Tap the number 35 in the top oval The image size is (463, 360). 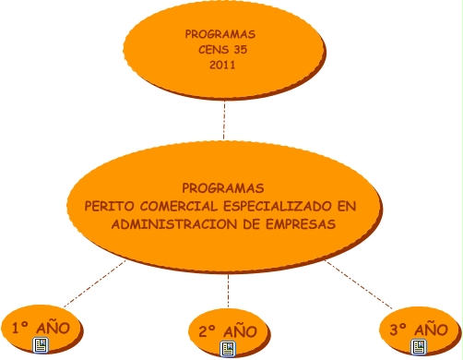pos(241,50)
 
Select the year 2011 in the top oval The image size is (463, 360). pos(222,65)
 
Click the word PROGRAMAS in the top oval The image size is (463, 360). pos(220,34)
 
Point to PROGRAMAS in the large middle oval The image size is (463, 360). pos(223,188)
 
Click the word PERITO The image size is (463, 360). pos(109,206)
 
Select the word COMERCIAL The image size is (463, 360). pos(179,206)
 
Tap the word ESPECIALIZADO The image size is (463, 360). pos(278,206)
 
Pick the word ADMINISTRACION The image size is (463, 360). pos(174,224)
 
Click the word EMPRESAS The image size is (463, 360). pos(301,224)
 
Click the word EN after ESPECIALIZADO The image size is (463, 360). pos(347,206)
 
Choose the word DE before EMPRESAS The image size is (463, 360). pos(252,224)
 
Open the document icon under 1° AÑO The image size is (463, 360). pos(41,345)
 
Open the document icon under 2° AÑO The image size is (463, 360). pos(228,349)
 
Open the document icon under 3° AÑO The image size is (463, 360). pos(419,347)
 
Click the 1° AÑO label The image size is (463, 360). pos(41,328)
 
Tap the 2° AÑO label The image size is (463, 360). pos(228,331)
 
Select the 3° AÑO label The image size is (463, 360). pos(419,330)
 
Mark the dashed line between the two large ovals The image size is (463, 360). pos(224,120)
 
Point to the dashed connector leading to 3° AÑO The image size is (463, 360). pos(359,284)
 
